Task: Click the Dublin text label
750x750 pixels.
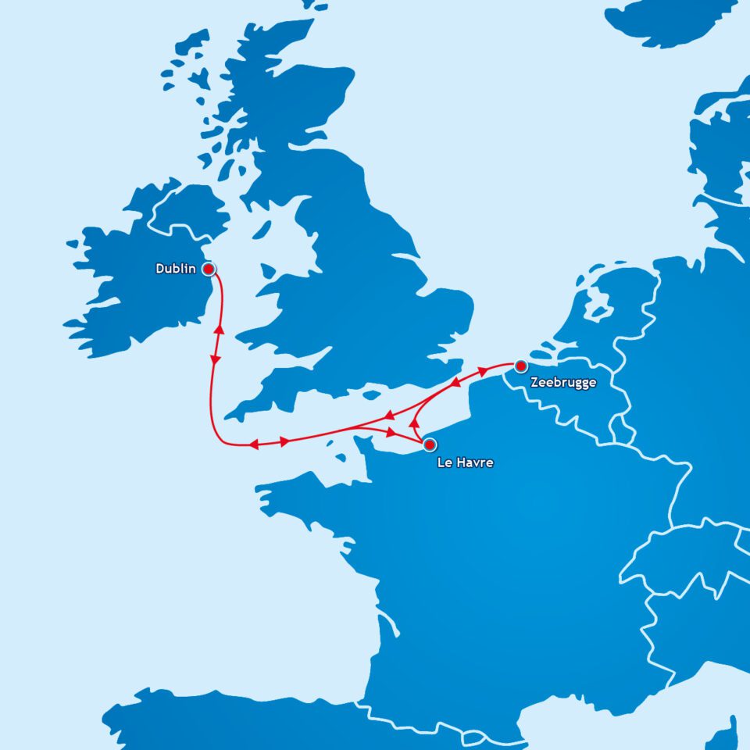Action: click(176, 269)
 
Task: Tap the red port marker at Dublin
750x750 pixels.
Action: click(209, 269)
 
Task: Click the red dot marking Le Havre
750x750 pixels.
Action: click(429, 445)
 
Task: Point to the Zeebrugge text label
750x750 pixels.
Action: click(562, 383)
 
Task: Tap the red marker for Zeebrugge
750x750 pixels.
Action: click(521, 366)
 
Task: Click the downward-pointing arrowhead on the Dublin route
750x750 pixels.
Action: click(215, 359)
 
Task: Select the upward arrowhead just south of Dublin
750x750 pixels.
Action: click(220, 328)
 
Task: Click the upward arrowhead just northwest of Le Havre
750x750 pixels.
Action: click(413, 423)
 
